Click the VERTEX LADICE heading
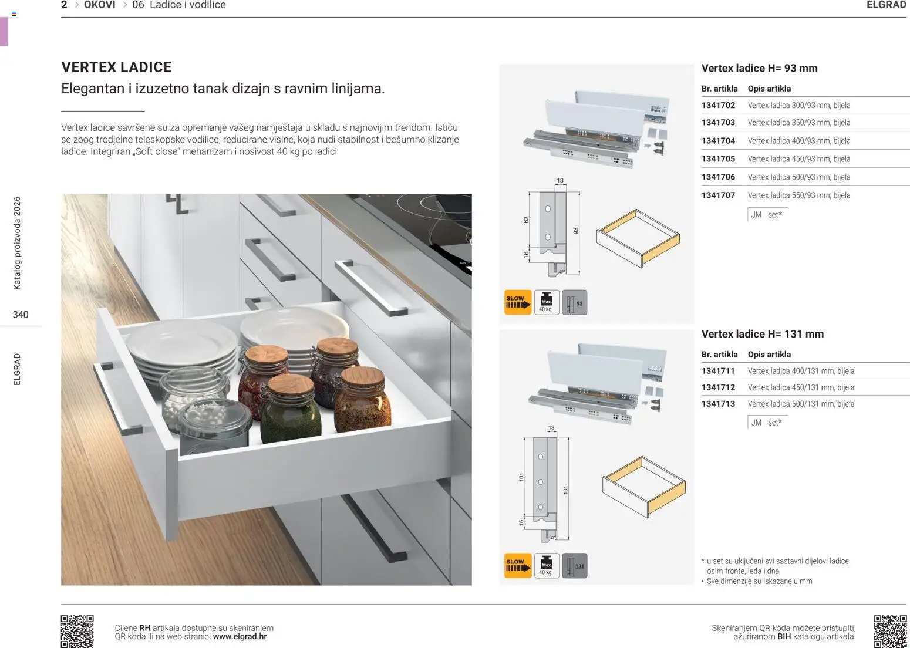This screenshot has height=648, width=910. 116,67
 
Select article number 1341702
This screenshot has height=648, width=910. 718,106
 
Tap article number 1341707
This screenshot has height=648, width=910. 718,195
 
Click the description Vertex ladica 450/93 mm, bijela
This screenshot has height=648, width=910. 798,159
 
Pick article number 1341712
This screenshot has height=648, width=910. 718,387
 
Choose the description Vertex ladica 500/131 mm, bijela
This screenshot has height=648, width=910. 801,404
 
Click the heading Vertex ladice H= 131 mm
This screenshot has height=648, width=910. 762,334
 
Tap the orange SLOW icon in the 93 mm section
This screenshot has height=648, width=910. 517,302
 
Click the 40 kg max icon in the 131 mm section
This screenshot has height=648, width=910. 546,566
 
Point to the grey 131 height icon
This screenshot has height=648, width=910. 574,566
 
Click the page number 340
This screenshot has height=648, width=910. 21,315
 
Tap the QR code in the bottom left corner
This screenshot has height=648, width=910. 77,631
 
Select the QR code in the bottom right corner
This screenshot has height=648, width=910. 890,631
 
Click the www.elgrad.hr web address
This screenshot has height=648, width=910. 240,636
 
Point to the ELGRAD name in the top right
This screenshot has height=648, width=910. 886,5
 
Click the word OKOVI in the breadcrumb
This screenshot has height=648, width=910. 99,5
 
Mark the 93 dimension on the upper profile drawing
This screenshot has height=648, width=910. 576,231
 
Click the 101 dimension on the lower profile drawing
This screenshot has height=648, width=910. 521,477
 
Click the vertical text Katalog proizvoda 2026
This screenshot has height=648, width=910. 17,243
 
